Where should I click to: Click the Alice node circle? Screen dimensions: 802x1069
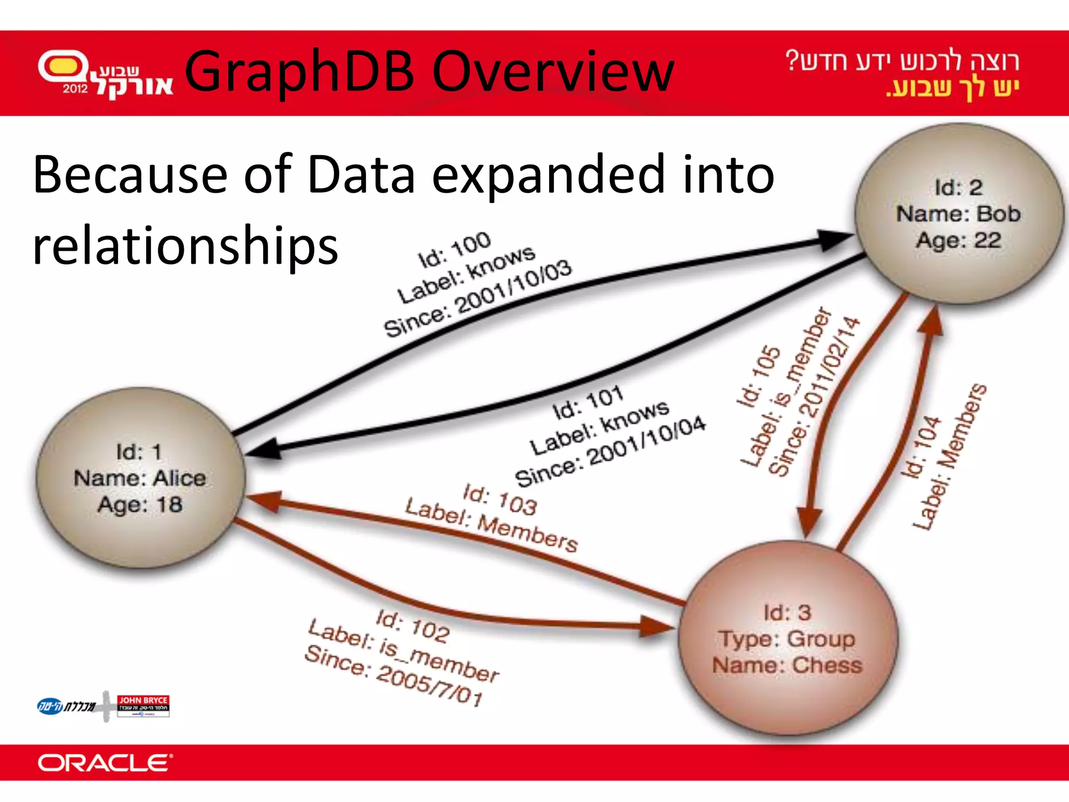coord(140,478)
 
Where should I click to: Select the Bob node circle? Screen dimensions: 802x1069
coord(958,213)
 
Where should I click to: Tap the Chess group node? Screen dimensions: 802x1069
coord(787,638)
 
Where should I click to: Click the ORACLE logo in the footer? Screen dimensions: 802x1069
coord(104,763)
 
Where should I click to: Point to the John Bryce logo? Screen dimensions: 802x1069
coord(143,705)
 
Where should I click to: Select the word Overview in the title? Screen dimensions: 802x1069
coord(553,72)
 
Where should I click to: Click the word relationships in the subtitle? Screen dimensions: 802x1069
coord(185,245)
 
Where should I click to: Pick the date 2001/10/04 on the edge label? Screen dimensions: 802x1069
coord(647,442)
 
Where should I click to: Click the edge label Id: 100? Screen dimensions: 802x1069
coord(455,250)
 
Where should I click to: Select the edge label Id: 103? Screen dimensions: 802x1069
coord(500,499)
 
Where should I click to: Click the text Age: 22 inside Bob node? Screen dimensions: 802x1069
coord(958,240)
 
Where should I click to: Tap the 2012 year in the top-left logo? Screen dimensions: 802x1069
coord(75,89)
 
